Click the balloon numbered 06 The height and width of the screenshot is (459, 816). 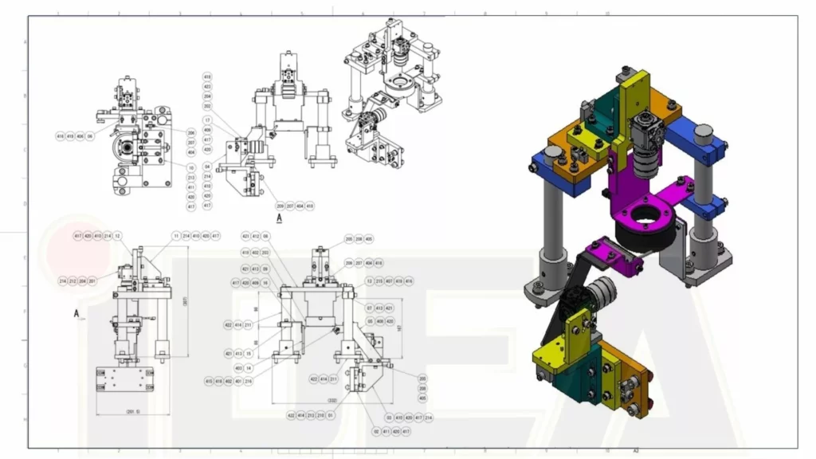coord(90,136)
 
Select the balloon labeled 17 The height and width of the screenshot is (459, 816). coord(207,120)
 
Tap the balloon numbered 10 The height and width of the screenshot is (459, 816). coord(191,167)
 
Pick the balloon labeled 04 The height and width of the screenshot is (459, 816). coord(207,167)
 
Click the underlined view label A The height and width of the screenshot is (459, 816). coord(279,217)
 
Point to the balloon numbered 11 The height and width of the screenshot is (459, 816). coord(176,236)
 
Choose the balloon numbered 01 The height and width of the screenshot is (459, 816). coord(330,415)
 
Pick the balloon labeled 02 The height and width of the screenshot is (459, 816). coord(376,431)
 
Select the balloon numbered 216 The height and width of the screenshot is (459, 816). coord(248,382)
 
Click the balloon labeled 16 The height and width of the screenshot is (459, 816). coord(265,282)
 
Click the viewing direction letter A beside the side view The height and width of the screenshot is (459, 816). coord(76,314)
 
